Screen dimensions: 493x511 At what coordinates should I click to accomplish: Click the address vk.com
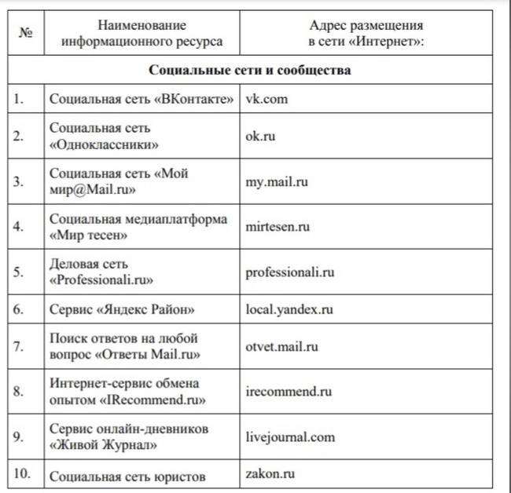pyautogui.click(x=266, y=100)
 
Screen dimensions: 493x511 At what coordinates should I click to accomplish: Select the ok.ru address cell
pyautogui.click(x=262, y=136)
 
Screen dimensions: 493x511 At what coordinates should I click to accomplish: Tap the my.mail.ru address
pyautogui.click(x=276, y=181)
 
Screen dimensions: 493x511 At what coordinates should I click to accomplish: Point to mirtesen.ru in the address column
pyautogui.click(x=278, y=227)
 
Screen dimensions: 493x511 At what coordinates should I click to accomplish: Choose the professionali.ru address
pyautogui.click(x=290, y=272)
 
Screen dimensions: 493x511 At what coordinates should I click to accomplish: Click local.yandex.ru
pyautogui.click(x=289, y=309)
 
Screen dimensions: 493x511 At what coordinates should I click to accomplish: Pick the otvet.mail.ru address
pyautogui.click(x=282, y=346)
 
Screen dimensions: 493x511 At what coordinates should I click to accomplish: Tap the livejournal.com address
pyautogui.click(x=290, y=437)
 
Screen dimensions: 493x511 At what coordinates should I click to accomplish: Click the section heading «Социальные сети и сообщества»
pyautogui.click(x=250, y=70)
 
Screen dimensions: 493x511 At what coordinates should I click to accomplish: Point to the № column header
pyautogui.click(x=24, y=33)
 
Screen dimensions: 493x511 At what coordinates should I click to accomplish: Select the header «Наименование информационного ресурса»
pyautogui.click(x=142, y=34)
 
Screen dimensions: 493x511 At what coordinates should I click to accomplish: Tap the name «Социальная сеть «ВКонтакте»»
pyautogui.click(x=142, y=100)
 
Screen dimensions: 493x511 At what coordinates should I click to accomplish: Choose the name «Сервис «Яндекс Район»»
pyautogui.click(x=122, y=309)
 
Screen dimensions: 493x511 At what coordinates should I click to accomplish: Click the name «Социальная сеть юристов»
pyautogui.click(x=127, y=476)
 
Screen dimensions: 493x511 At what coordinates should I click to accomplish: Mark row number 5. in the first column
pyautogui.click(x=19, y=272)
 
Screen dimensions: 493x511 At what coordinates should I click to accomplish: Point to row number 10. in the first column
pyautogui.click(x=22, y=474)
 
